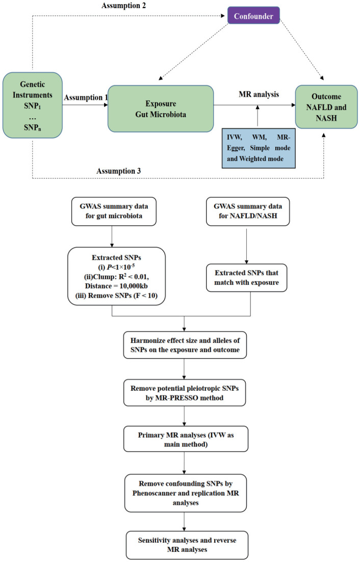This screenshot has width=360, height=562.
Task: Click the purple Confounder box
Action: point(253,15)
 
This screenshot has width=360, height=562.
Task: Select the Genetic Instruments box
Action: point(33,105)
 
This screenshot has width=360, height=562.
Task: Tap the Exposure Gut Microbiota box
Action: point(161,109)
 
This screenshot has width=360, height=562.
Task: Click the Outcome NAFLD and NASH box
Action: point(326,107)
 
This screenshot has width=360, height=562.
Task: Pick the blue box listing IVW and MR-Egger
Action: point(259,148)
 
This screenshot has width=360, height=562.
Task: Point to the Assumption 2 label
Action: point(124,6)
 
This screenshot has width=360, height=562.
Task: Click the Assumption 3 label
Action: point(119,171)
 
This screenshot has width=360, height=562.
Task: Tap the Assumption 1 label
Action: point(86,97)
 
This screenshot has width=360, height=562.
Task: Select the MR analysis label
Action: point(259,94)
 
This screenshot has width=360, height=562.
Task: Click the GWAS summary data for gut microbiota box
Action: point(114,211)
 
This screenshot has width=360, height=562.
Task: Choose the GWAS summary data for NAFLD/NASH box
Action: point(248,211)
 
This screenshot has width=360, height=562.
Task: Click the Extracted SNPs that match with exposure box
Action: point(247,278)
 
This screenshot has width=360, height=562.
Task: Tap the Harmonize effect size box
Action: point(185,345)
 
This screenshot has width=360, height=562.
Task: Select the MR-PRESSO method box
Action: point(185,393)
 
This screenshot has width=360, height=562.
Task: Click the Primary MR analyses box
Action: point(186,439)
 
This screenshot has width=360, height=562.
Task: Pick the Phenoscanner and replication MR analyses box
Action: point(186,493)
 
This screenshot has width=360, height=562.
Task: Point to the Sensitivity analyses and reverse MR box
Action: point(187,545)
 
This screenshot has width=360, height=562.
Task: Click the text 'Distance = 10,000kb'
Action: point(116,286)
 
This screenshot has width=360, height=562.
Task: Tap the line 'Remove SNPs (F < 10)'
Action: point(116,296)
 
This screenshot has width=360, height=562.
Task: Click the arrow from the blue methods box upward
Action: point(258,116)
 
